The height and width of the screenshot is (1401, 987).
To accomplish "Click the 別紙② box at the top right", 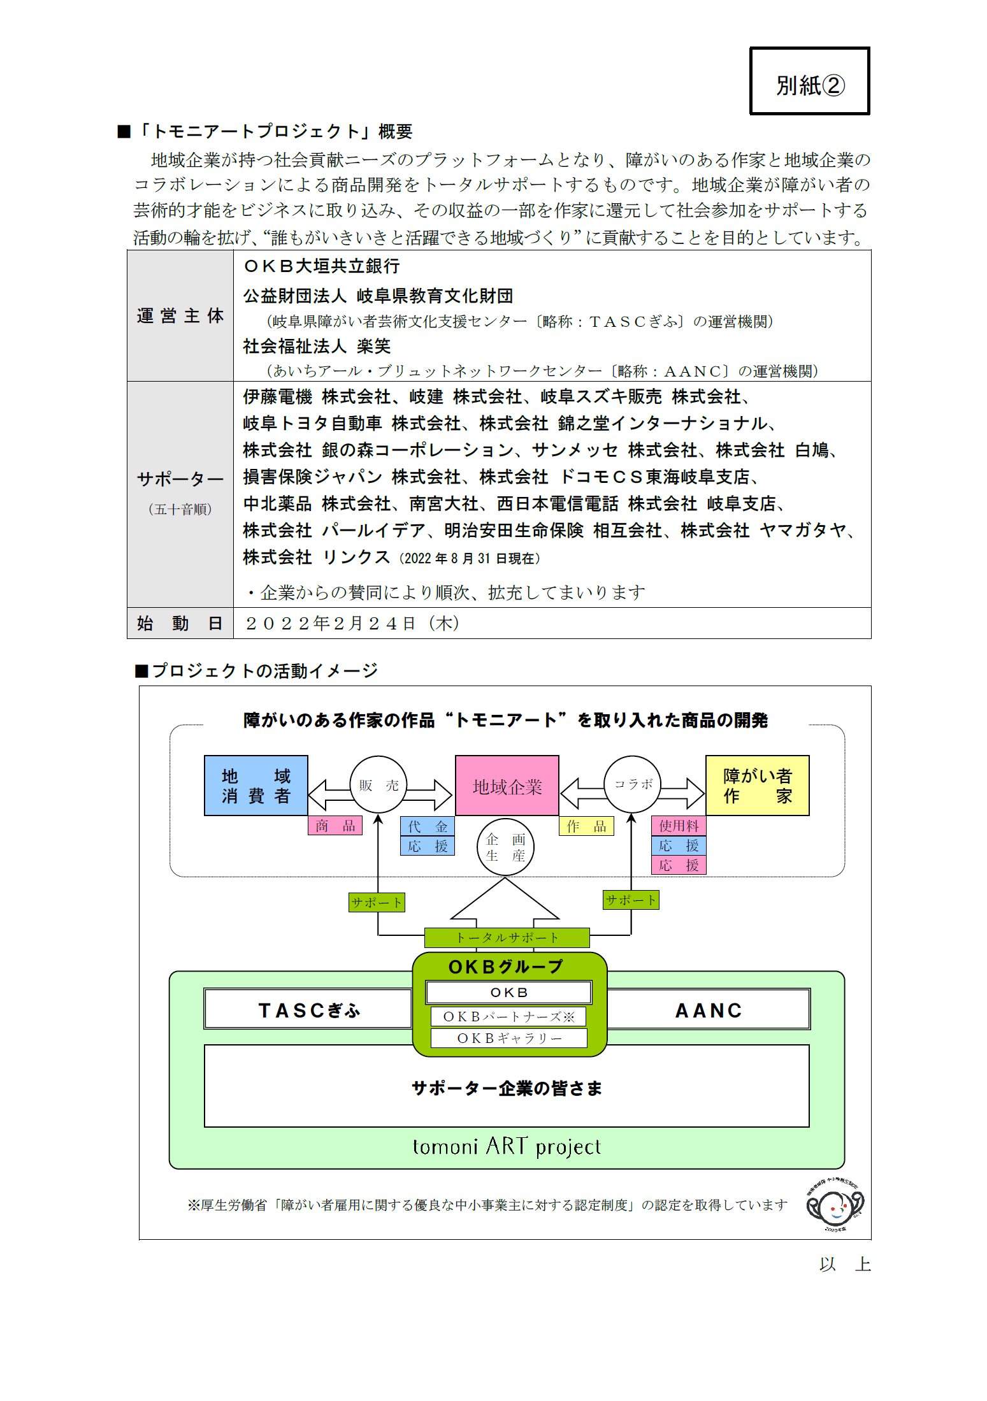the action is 809,81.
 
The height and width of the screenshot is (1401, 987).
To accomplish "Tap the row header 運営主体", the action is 180,316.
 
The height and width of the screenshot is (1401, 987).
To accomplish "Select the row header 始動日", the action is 180,623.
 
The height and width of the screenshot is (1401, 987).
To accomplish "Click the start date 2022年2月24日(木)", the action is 352,623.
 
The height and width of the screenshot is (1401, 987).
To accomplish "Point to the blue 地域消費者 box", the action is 256,786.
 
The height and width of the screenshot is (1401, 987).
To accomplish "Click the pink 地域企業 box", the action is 507,786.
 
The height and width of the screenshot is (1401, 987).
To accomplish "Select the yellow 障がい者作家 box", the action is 758,786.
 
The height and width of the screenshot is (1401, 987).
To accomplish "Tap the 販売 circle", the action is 378,785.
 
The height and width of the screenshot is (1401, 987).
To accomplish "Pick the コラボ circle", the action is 633,784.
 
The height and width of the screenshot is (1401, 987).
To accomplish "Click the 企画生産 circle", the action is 505,847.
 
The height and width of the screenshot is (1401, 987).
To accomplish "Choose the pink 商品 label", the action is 335,826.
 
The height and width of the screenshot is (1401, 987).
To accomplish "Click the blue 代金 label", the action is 428,826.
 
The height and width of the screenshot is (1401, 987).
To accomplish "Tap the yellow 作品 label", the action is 586,826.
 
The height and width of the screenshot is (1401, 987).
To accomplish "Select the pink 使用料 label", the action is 679,826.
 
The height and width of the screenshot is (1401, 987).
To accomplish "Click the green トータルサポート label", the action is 507,938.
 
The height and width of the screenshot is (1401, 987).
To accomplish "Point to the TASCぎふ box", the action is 308,1009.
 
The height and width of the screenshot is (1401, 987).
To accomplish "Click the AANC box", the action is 709,1009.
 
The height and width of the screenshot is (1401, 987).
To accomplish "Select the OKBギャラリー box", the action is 509,1038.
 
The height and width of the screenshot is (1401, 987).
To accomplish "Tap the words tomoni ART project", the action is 507,1146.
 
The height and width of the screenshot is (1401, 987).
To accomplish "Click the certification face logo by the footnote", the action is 835,1205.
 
